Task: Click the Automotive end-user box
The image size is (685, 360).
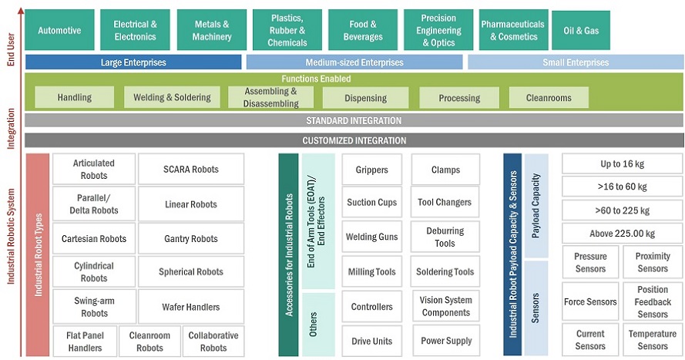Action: click(59, 30)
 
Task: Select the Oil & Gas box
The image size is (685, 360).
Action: click(581, 30)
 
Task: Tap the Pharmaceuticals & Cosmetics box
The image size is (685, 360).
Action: click(512, 30)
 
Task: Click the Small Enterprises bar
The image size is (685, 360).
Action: click(575, 62)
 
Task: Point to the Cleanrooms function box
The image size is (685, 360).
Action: click(548, 97)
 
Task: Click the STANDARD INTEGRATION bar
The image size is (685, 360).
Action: click(354, 120)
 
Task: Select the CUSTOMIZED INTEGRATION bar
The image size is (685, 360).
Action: click(354, 140)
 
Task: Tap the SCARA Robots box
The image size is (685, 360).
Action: click(190, 170)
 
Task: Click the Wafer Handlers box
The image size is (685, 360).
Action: click(190, 307)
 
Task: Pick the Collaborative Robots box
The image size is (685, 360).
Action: click(213, 341)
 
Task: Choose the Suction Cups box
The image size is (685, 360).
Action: click(371, 203)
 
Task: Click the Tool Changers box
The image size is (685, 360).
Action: click(445, 203)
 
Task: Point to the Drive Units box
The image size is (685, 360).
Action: click(371, 341)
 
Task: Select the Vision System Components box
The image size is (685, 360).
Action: click(445, 306)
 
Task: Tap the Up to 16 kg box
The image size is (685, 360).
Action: click(623, 163)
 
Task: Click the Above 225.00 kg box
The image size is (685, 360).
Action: click(623, 234)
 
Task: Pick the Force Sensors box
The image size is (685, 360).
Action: click(590, 302)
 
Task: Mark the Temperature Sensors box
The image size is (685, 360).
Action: click(653, 340)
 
